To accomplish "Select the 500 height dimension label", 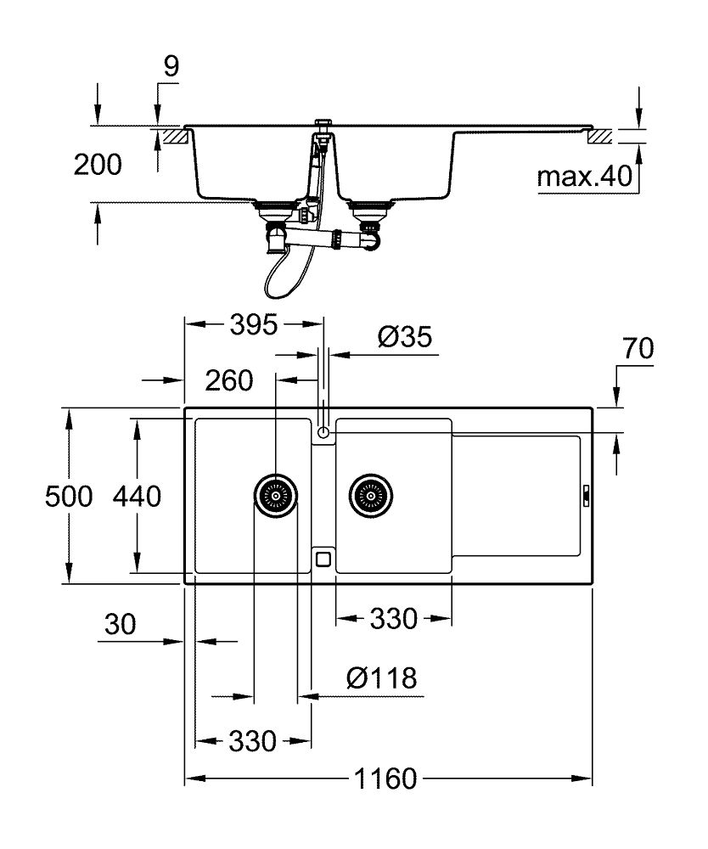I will tap(68, 497).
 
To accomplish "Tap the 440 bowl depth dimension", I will tap(137, 497).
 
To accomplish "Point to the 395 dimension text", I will tap(253, 324).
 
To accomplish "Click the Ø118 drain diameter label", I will tap(381, 678).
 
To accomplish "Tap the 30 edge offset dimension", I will tap(120, 626).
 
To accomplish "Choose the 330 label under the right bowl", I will tap(393, 619).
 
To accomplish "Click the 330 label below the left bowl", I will tap(252, 741).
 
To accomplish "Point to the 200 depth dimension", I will tap(97, 165).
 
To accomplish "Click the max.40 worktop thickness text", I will tap(585, 177).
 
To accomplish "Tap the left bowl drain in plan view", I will tap(276, 493).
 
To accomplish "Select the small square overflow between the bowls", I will tap(323, 558).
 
